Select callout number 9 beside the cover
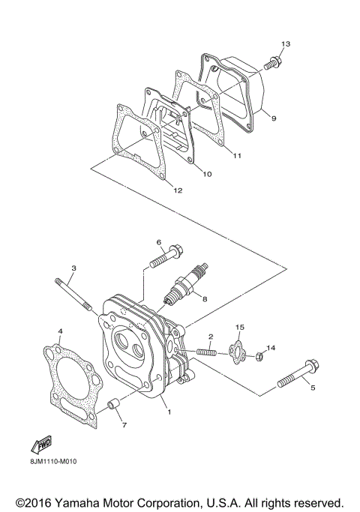[x=274, y=118]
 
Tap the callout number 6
[x=160, y=241]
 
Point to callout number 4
[x=60, y=330]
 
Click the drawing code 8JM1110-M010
[x=55, y=461]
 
